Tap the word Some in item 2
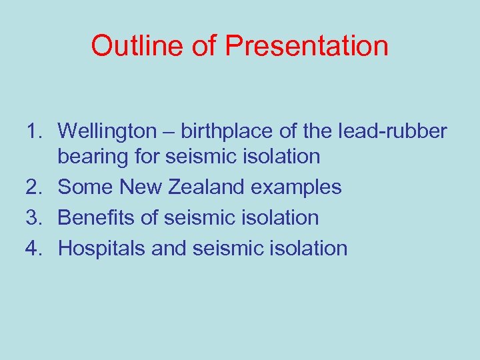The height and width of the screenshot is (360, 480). point(85,187)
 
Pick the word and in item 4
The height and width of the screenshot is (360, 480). point(169,249)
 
